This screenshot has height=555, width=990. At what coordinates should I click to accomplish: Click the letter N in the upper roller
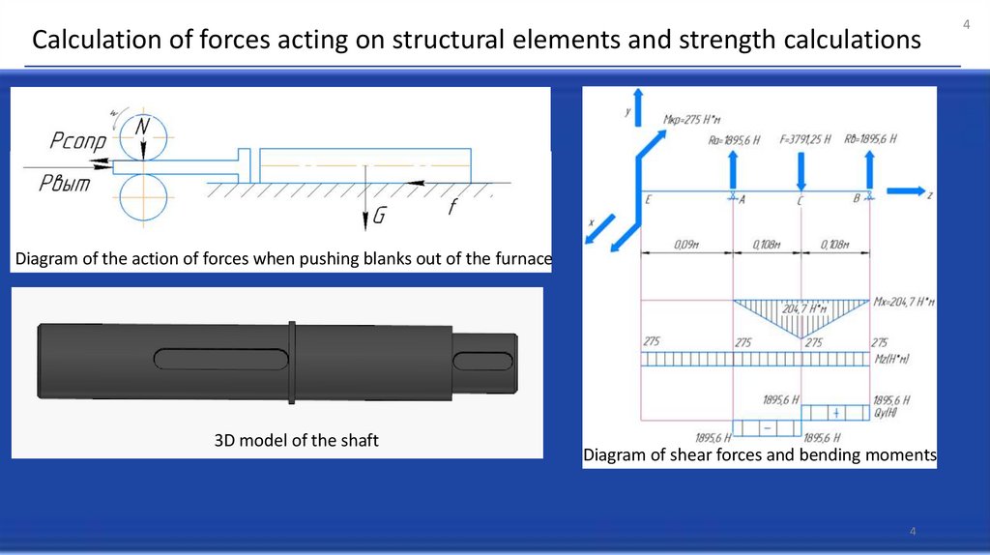coord(142,128)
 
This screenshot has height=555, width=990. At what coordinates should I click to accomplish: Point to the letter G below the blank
coord(379,218)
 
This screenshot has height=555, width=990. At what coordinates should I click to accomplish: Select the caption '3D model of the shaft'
coord(296,441)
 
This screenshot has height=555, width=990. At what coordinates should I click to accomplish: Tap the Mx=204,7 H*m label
coord(904,303)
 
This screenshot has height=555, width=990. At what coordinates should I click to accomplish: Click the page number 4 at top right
coord(965,23)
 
